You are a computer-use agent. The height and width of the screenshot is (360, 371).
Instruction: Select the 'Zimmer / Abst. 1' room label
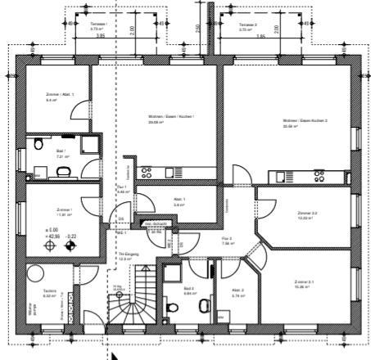coord(60,97)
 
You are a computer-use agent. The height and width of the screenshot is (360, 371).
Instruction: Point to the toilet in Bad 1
coord(62,171)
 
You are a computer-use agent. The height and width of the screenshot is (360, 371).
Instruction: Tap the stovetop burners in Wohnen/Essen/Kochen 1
coord(147,173)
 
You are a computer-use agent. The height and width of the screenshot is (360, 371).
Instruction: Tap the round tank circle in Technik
coord(36,272)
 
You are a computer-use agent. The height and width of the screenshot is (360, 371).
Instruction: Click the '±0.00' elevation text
coord(51,230)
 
